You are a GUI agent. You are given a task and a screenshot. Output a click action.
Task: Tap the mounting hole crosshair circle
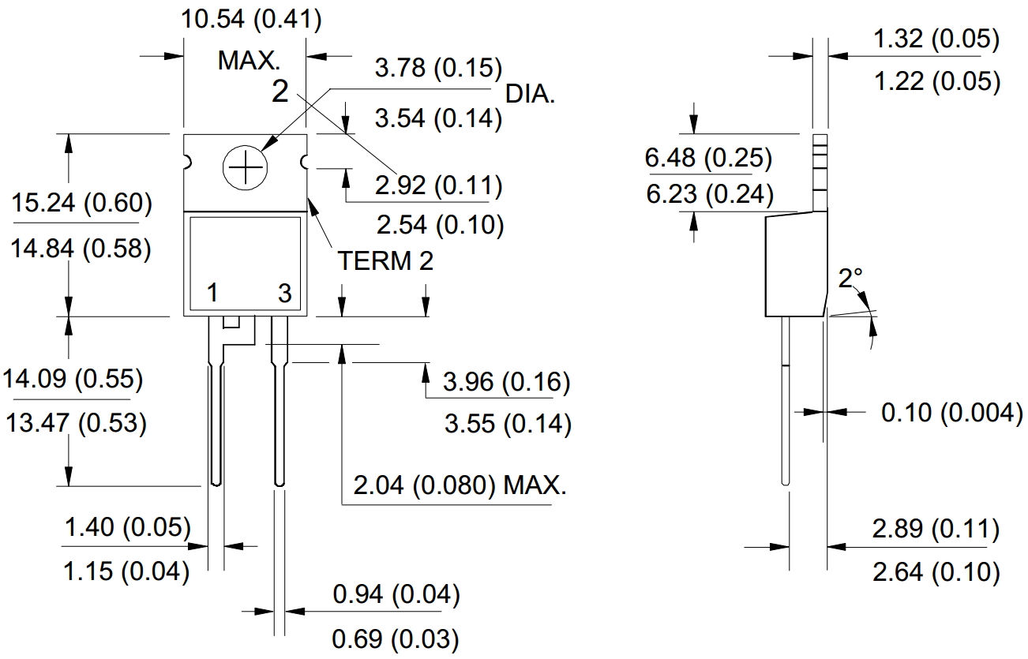click(x=245, y=167)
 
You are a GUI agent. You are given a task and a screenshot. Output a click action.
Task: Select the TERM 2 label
click(x=385, y=260)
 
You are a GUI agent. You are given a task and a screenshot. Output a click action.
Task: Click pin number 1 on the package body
click(x=212, y=294)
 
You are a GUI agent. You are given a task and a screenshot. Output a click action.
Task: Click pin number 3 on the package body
click(x=284, y=294)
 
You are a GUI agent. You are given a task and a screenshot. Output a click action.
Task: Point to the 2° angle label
click(x=850, y=277)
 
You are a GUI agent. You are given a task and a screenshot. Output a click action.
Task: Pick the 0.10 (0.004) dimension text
click(x=951, y=412)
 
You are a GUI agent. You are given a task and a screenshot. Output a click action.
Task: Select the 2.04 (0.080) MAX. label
click(x=460, y=485)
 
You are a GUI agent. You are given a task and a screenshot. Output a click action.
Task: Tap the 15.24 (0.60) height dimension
click(x=82, y=203)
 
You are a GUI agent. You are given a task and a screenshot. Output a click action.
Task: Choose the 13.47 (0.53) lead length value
click(x=76, y=423)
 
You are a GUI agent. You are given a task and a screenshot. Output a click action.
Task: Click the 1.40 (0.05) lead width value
click(x=127, y=527)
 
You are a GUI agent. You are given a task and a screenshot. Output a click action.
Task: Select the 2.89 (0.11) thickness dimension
click(x=935, y=529)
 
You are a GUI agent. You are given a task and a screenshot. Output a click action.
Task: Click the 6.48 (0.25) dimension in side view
click(x=708, y=158)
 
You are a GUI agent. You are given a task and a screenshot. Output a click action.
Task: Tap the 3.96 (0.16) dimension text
click(x=506, y=382)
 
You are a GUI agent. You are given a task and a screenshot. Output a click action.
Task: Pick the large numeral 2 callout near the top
click(x=280, y=92)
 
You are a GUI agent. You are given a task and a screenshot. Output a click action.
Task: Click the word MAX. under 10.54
click(x=249, y=61)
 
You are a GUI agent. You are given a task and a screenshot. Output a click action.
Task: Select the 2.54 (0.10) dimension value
click(x=440, y=225)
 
